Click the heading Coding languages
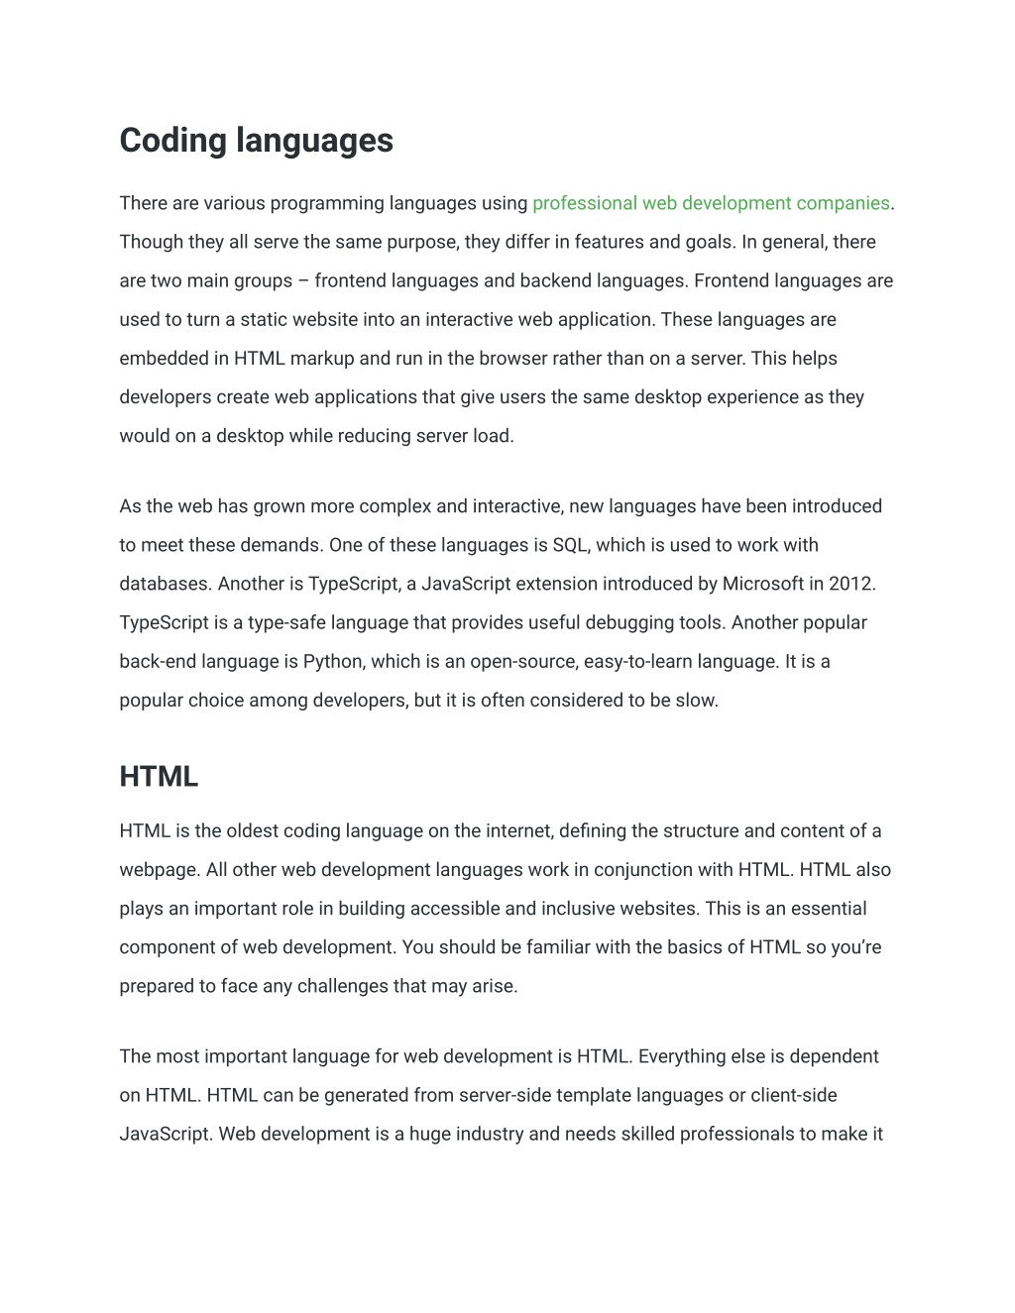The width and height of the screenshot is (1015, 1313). coord(256,140)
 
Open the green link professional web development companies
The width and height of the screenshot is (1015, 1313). coord(711,203)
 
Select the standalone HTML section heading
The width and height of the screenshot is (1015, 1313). coord(159,777)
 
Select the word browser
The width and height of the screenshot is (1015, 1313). coord(511,359)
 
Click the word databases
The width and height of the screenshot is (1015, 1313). coord(162,584)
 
